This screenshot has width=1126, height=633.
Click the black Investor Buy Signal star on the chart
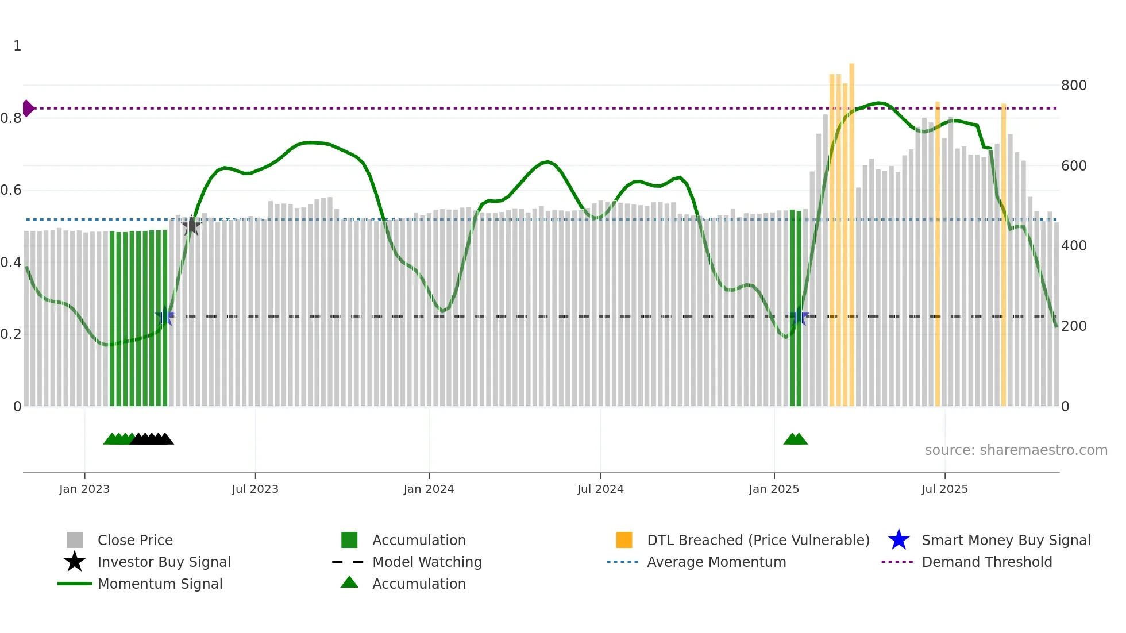(191, 226)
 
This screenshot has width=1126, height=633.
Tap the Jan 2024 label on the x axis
(429, 489)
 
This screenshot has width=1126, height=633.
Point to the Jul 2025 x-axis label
(944, 489)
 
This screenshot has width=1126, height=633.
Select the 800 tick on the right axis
(1073, 86)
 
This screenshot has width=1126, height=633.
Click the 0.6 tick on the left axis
(11, 190)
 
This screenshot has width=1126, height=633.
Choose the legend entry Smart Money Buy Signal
(1005, 540)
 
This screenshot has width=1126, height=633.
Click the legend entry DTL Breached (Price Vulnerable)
(758, 540)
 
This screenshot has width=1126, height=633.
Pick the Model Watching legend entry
(426, 562)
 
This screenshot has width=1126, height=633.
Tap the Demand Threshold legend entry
(986, 562)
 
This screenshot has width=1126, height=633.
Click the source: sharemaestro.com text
(1016, 450)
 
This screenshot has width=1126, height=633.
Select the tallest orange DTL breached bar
(851, 230)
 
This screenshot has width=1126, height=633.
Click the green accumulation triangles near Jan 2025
(796, 439)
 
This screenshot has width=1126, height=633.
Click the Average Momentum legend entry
(716, 562)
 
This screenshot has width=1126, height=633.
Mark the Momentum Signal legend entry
(160, 584)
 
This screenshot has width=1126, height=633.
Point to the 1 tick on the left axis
(17, 46)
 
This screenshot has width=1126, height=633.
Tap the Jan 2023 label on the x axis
(84, 489)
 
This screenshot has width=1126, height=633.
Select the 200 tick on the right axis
(1073, 326)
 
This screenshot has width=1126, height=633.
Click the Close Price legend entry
(134, 540)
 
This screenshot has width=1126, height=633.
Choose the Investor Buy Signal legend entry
(164, 562)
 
